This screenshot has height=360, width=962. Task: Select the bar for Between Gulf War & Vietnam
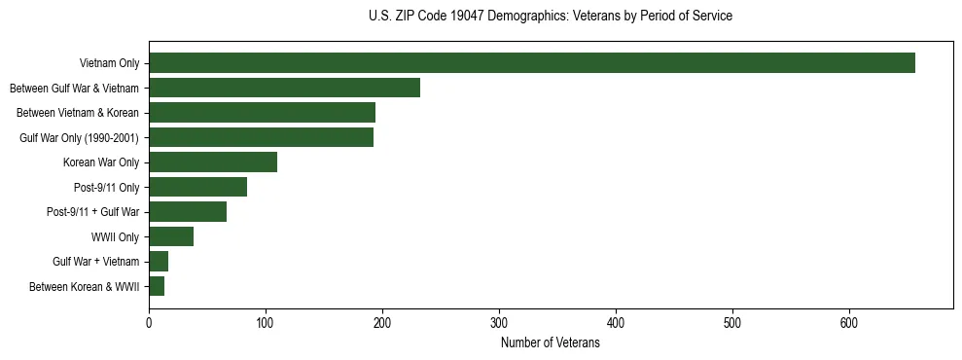284,88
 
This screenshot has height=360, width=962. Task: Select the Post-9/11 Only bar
197,187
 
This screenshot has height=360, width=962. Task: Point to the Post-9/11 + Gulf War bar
188,212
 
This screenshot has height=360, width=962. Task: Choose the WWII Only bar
171,236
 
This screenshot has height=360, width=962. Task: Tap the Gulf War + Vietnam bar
159,262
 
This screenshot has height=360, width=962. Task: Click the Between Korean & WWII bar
157,286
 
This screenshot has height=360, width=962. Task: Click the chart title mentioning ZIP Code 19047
551,17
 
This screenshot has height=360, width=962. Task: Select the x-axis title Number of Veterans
551,342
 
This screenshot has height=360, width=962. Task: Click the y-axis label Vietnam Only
109,64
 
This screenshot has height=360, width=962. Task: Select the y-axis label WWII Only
115,237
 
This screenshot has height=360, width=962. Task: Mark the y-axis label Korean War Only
101,162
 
